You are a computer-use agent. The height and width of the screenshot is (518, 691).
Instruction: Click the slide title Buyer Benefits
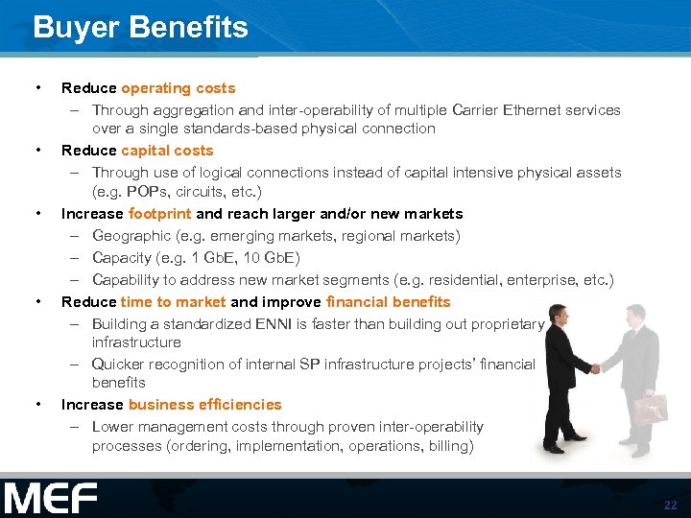pos(140,27)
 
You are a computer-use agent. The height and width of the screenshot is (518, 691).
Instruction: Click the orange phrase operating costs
pos(178,88)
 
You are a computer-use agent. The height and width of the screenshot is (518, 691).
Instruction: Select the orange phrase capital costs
pos(167,151)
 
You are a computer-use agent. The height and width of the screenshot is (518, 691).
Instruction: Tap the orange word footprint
pos(159,214)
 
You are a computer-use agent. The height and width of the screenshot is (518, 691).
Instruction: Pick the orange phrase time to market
pos(174,302)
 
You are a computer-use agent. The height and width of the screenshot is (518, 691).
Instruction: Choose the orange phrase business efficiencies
pos(204,405)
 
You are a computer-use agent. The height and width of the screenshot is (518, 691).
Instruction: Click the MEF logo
pos(50,499)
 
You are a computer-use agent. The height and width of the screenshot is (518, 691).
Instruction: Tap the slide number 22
pos(669,505)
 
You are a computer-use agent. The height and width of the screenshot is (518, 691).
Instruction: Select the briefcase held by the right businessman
pos(649,409)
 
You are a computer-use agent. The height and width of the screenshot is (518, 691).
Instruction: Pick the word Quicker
pos(119,365)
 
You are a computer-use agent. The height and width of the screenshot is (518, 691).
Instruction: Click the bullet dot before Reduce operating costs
pos(37,88)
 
